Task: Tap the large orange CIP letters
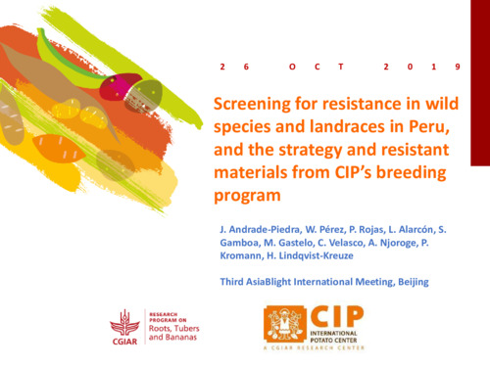tap(337, 314)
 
